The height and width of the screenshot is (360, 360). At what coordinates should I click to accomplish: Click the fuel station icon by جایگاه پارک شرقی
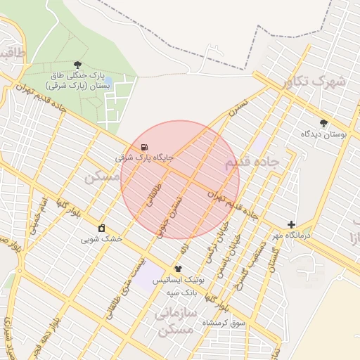click(144, 148)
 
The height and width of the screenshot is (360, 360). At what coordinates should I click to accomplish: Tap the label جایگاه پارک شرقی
click(144, 158)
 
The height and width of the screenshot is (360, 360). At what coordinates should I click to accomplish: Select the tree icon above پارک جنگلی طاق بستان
click(77, 64)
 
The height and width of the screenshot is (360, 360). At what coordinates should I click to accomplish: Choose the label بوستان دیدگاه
click(324, 134)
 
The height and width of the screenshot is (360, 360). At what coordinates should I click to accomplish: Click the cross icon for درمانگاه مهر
click(291, 224)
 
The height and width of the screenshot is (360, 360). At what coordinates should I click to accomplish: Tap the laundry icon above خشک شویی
click(102, 228)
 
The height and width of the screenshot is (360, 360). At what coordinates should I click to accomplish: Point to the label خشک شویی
click(101, 239)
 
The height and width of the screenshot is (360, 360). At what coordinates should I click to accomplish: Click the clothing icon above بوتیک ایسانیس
click(178, 269)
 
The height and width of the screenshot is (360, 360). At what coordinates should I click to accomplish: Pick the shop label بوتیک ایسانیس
click(178, 279)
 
